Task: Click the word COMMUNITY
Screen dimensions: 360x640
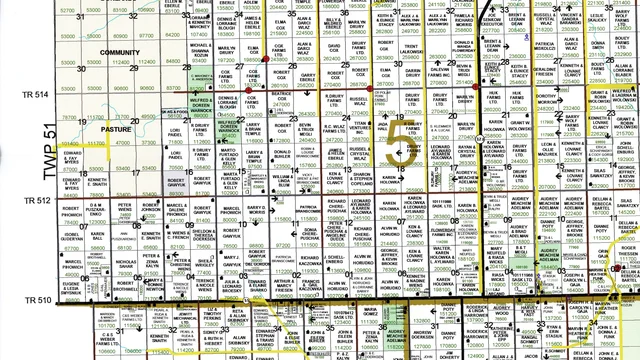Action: pyautogui.click(x=121, y=51)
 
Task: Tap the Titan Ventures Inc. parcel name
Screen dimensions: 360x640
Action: pyautogui.click(x=361, y=128)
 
